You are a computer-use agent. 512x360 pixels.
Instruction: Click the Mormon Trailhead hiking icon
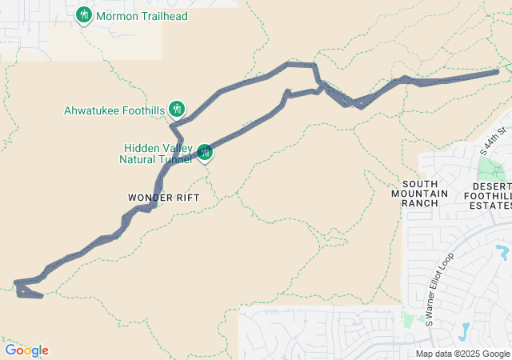pos(83,14)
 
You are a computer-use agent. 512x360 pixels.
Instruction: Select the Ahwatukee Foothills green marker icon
pos(176,109)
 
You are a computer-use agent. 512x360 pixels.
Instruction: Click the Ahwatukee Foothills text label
pos(114,110)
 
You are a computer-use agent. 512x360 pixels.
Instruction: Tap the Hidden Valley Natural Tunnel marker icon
pos(205,151)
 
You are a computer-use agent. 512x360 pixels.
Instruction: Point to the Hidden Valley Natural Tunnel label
pos(156,154)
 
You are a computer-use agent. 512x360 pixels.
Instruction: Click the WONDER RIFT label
pos(163,197)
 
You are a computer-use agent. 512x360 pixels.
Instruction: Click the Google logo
pos(26,350)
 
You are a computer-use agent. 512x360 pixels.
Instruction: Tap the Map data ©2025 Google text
pos(462,354)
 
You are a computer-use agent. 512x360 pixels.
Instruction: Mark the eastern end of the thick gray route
pos(497,72)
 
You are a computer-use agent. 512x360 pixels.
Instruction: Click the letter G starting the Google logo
pos(10,350)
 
